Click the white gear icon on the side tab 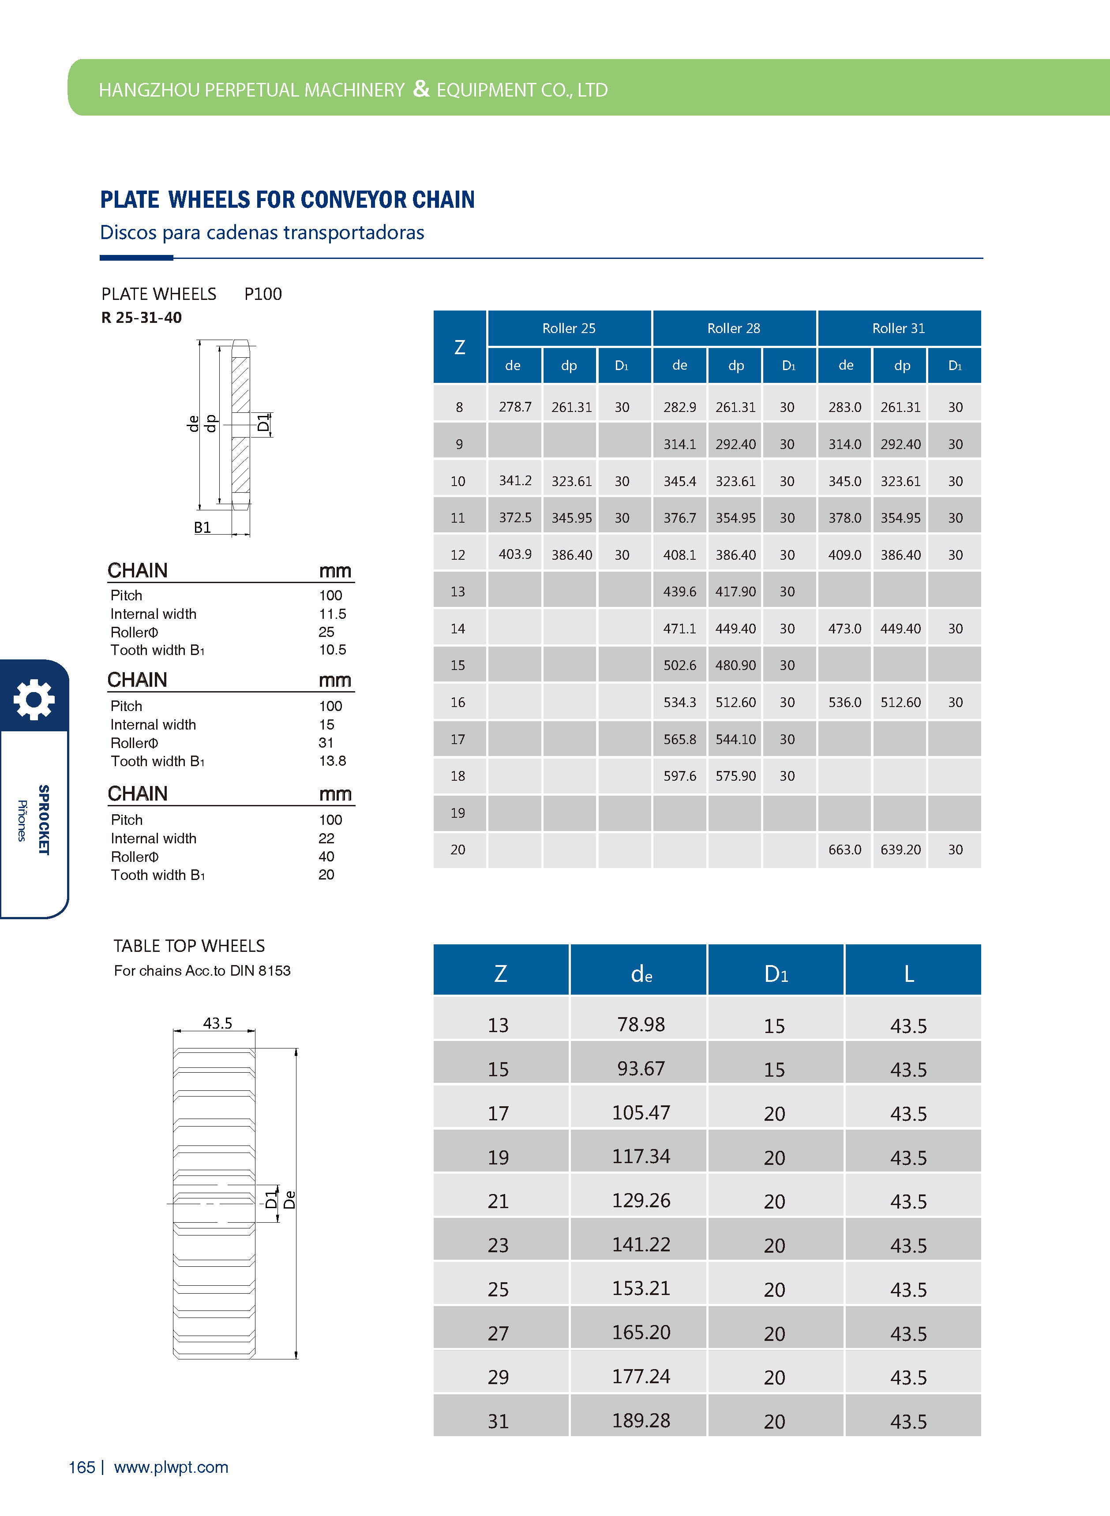[x=34, y=699]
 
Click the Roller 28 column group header [x=733, y=329]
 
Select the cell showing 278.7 [x=515, y=407]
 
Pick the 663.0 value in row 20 [x=844, y=850]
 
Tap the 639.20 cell [x=900, y=850]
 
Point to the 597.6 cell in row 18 [x=679, y=776]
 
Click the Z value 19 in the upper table [x=457, y=813]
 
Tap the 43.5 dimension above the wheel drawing [x=217, y=1023]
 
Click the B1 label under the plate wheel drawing [x=202, y=527]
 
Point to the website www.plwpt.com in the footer [x=171, y=1467]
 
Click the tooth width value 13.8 [x=333, y=760]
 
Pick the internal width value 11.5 [x=333, y=614]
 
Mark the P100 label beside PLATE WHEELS [x=262, y=294]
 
